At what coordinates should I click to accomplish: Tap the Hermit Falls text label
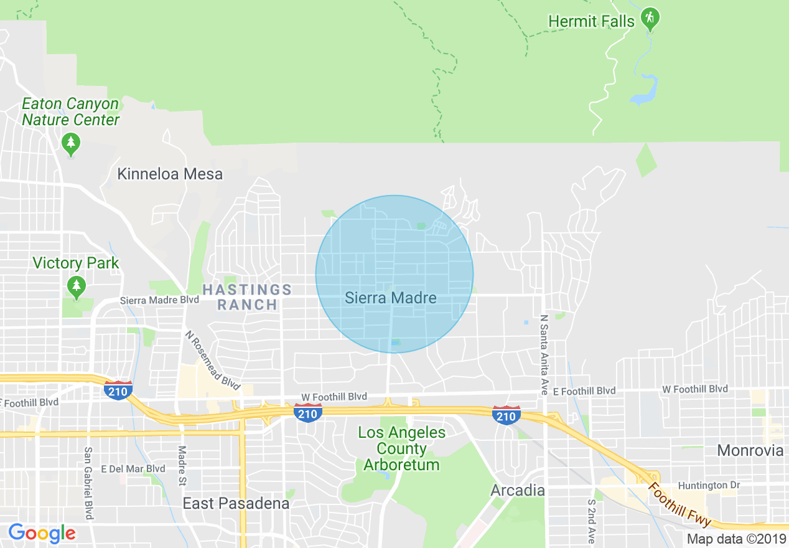[591, 21]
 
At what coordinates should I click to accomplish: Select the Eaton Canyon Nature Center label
[70, 112]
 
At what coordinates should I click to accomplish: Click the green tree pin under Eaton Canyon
[71, 144]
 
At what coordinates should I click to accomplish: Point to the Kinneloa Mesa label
[170, 174]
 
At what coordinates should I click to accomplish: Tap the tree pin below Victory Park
[77, 286]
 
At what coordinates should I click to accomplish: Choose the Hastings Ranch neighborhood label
[248, 297]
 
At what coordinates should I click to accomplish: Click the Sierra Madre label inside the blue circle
[391, 298]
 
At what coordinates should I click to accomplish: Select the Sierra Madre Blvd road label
[159, 300]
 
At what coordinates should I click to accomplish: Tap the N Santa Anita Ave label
[544, 354]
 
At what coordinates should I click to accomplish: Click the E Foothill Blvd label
[584, 391]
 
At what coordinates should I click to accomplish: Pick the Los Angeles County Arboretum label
[402, 449]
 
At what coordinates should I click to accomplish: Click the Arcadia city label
[518, 490]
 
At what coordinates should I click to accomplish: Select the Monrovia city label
[750, 450]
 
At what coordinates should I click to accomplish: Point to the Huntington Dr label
[703, 485]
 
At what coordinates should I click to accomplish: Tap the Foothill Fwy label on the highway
[679, 504]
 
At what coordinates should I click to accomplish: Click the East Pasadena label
[236, 503]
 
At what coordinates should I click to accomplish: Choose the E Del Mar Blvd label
[133, 469]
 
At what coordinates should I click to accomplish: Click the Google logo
[42, 533]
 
